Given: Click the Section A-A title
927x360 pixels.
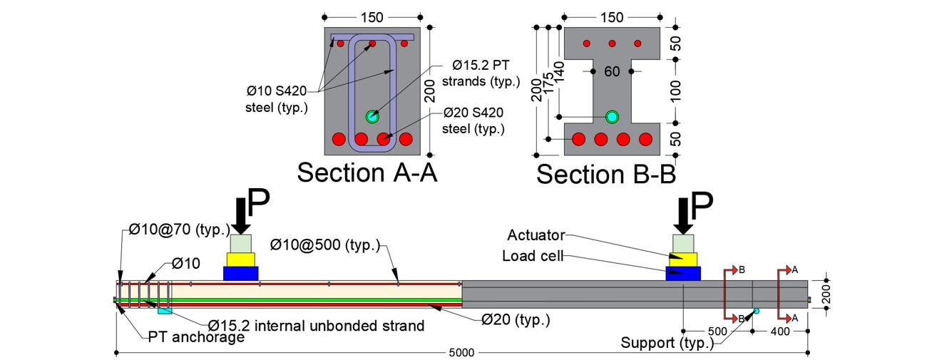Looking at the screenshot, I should [x=367, y=173].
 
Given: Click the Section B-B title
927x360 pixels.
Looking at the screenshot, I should [x=606, y=173].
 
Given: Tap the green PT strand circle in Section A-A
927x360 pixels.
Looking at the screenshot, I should [x=371, y=116].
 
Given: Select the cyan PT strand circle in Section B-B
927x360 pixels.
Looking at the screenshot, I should [x=612, y=117].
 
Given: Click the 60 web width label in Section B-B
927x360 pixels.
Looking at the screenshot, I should [x=612, y=72].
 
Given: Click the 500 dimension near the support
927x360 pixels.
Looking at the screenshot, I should [x=718, y=331].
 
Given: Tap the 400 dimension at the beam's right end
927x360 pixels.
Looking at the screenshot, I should [x=779, y=331].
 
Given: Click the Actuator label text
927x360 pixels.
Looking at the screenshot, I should [x=537, y=235].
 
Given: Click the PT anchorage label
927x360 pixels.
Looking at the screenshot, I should [x=196, y=337].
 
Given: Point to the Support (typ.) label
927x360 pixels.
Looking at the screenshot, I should [x=667, y=343].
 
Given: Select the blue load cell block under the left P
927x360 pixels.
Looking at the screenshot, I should [x=241, y=273].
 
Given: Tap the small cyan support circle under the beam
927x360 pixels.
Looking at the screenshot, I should [x=756, y=312].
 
